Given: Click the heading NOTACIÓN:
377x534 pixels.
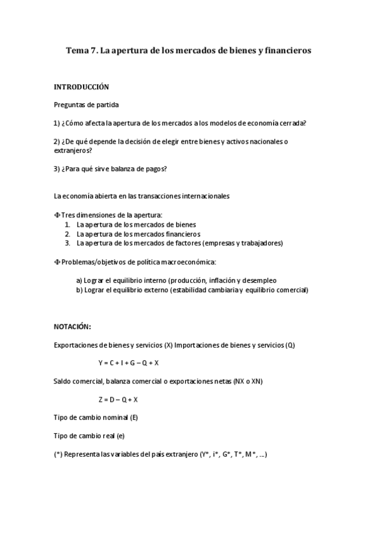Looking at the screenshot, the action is (x=72, y=326).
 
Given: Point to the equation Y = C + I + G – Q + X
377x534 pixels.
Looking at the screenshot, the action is (x=128, y=363).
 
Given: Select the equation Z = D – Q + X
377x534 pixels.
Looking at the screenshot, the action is (x=118, y=399).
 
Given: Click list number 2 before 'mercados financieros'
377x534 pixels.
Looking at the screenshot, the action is (x=67, y=234).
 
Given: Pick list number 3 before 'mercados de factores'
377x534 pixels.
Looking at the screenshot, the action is (x=67, y=242).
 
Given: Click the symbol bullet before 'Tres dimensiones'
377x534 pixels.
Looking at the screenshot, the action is (x=57, y=215).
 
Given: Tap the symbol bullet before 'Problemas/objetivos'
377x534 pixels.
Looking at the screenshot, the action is (x=57, y=261).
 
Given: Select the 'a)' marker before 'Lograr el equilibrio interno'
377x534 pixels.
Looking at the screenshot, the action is (x=79, y=280).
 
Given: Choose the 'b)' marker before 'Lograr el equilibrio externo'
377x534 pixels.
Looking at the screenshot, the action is (x=79, y=290).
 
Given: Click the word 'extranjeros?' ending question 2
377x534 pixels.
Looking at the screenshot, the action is (x=73, y=151).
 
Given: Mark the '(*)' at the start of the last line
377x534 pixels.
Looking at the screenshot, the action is (x=58, y=454).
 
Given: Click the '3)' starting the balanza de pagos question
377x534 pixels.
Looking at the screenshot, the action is (x=57, y=169).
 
